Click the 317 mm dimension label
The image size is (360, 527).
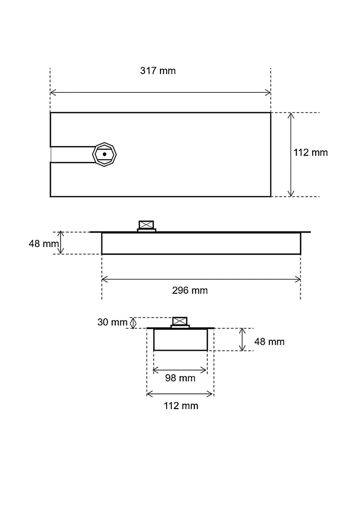[x=158, y=71]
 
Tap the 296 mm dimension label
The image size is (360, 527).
[x=190, y=290]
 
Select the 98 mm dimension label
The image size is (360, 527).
[x=180, y=378]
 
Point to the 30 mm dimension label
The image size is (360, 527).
[x=112, y=322]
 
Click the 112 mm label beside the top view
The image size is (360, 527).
[x=311, y=152]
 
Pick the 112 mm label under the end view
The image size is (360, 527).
[x=181, y=406]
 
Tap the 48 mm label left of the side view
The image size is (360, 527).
[x=44, y=243]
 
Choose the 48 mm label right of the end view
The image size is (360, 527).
[x=269, y=342]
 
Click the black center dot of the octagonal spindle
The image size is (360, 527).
[x=104, y=154]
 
